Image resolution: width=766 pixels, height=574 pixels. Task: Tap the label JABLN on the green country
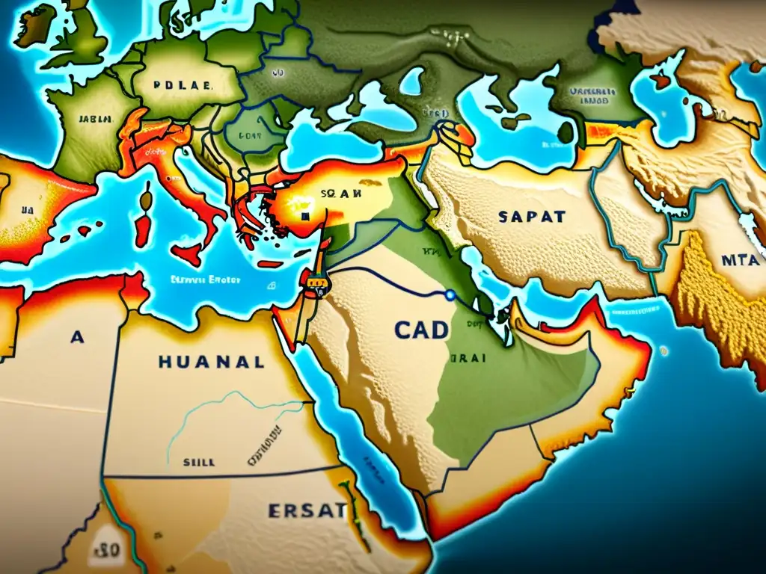pyautogui.click(x=95, y=118)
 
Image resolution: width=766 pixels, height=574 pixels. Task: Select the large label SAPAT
pyautogui.click(x=530, y=217)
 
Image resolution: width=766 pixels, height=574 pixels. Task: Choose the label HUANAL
pyautogui.click(x=211, y=362)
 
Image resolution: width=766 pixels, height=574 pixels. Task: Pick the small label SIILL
pyautogui.click(x=199, y=463)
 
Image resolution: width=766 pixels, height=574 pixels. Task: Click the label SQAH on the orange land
pyautogui.click(x=340, y=192)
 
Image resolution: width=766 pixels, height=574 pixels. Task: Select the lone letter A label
pyautogui.click(x=76, y=337)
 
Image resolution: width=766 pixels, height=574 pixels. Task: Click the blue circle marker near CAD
pyautogui.click(x=450, y=295)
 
